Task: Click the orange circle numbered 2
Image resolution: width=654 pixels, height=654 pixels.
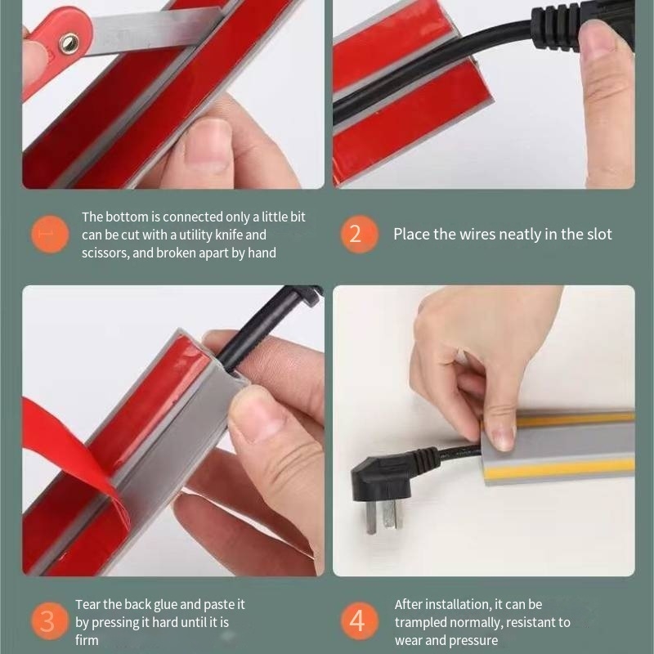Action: tap(359, 234)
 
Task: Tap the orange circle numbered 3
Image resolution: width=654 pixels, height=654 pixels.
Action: tap(50, 621)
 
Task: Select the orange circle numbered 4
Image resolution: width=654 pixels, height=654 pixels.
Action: tap(359, 621)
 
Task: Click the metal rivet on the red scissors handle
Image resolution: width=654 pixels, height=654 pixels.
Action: tap(69, 43)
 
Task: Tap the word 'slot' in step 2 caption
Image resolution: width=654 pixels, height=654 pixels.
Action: tap(599, 235)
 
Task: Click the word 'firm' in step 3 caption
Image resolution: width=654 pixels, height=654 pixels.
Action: tap(87, 640)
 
